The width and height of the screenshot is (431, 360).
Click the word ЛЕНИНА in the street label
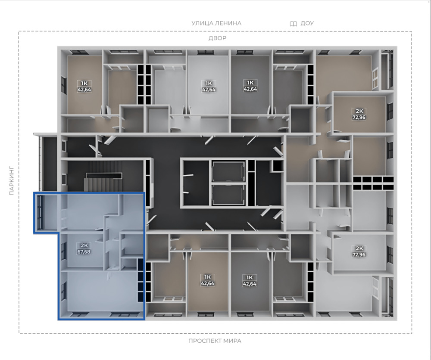[228, 23]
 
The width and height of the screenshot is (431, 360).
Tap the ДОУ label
[307, 23]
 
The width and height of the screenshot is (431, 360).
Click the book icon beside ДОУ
[293, 24]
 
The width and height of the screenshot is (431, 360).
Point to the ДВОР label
[217, 38]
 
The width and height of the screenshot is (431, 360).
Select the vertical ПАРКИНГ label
[12, 180]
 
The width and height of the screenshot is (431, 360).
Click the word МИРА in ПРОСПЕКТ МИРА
[232, 341]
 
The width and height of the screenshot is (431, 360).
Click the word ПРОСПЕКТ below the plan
[204, 341]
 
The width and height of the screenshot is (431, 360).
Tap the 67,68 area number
[84, 251]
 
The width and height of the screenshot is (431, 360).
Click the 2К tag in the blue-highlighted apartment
[84, 245]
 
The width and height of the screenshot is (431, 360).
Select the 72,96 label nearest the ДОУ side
[359, 117]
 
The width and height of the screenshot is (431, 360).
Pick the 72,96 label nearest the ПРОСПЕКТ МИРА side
[359, 254]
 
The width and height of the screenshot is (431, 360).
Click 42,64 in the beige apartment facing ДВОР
[84, 90]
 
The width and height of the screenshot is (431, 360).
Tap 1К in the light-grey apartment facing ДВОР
[208, 83]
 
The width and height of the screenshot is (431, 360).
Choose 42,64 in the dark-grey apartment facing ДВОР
[250, 89]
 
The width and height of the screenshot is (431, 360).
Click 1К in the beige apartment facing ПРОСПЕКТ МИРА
[208, 277]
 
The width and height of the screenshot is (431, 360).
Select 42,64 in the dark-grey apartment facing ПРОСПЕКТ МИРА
[250, 283]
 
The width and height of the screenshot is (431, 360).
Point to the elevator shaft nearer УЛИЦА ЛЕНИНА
[228, 172]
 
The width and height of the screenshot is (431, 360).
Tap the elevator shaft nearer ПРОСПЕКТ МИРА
[228, 195]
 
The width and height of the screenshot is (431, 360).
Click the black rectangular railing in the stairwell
[104, 175]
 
